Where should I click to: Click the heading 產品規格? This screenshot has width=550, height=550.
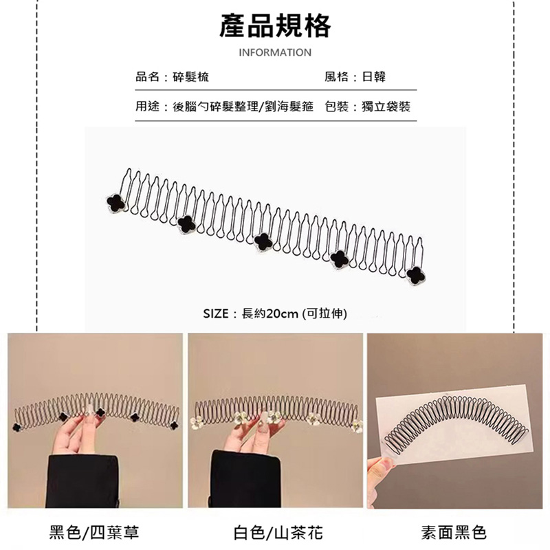275,26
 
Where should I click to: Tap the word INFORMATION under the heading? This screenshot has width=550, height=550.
275,53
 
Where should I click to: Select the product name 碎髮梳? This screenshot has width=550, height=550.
191,77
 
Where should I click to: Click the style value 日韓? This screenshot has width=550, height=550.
373,77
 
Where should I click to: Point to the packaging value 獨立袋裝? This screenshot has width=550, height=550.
386,107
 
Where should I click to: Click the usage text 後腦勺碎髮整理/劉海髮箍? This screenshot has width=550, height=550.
243,107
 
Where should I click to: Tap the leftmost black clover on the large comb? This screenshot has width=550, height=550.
115,203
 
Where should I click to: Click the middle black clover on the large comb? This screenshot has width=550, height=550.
263,241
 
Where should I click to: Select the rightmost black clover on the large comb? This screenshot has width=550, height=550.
416,275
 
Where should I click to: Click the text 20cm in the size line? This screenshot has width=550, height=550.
282,313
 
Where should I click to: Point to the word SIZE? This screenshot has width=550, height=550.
216,313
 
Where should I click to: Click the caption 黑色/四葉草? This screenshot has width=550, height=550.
94,532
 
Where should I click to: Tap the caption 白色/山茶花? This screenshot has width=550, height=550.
278,532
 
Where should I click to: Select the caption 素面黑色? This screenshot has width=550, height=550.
454,532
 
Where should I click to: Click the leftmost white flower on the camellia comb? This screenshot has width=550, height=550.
196,423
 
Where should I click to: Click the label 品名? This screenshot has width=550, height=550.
147,77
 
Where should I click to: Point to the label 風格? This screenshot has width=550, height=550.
336,77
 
